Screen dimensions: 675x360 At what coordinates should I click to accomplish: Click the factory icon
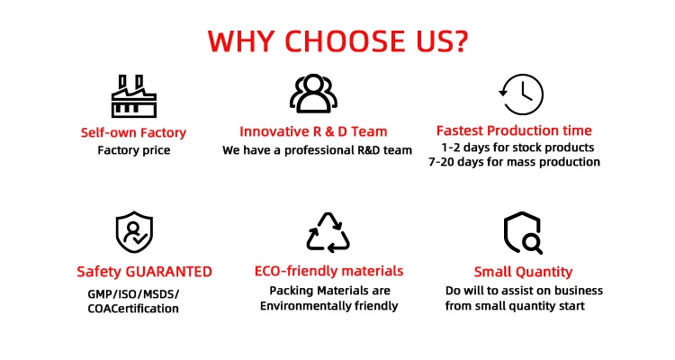pos(134,96)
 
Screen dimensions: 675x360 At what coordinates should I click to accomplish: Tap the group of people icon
pos(313,94)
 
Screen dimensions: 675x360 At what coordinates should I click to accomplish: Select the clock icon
pos(521,94)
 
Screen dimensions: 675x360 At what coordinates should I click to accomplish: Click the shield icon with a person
pos(134,231)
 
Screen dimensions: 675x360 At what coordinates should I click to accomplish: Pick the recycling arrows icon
pos(328,232)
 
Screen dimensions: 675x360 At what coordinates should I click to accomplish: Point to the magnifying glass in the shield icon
pos(533,244)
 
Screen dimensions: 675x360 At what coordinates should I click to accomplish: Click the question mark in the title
pos(460,41)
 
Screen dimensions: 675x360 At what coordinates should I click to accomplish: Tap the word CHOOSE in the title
pos(345,41)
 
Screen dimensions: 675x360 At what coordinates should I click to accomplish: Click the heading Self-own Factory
pos(133,132)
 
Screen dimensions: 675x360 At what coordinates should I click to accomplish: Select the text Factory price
pos(134,150)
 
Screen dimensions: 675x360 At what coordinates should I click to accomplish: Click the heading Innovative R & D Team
pos(313,131)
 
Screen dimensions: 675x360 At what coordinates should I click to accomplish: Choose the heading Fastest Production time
pos(514,130)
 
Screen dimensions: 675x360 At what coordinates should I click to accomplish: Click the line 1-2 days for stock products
pos(517,148)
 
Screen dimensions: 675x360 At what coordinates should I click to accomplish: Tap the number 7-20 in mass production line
pos(442,162)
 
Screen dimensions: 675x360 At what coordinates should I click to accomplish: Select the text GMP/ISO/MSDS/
pos(133,294)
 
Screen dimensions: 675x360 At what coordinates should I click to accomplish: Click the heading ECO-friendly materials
pos(328,271)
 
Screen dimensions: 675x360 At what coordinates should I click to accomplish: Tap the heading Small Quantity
pos(523,272)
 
